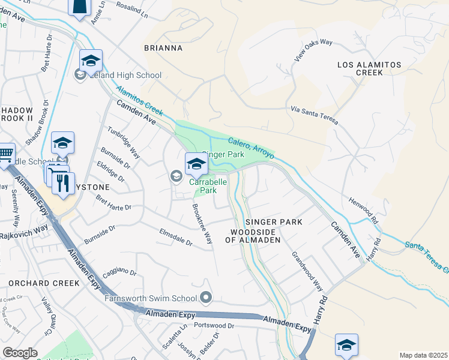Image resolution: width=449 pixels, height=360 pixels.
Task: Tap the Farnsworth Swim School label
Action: point(151,298)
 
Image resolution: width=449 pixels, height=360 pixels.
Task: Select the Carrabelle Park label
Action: point(208,186)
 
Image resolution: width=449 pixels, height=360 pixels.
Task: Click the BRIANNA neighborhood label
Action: point(163,47)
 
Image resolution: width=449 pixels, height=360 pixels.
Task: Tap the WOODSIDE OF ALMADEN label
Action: point(253,235)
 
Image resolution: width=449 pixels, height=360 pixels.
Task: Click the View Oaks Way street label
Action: point(313,51)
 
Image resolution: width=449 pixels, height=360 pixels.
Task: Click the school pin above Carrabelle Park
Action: point(196,163)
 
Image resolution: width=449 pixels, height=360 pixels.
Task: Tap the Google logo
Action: point(20,353)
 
